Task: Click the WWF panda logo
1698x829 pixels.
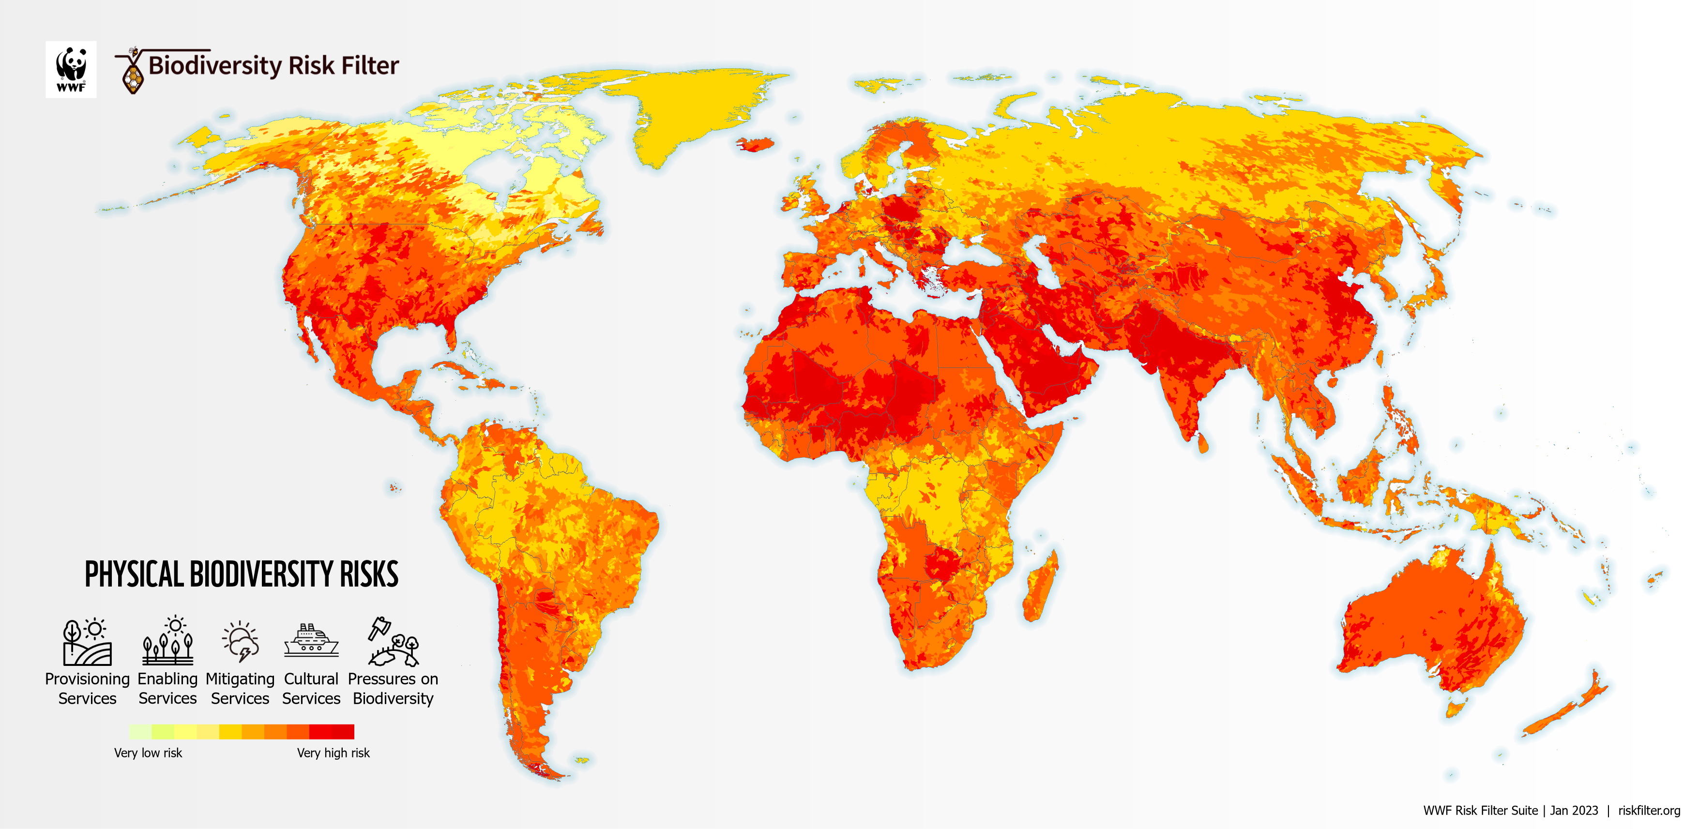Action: [x=71, y=69]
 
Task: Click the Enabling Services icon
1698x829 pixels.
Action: [x=167, y=642]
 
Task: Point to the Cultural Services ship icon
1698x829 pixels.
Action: [x=311, y=641]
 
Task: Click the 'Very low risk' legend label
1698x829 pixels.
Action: [x=148, y=753]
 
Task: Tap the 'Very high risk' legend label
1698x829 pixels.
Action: [x=333, y=753]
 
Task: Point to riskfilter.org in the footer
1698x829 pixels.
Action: [x=1649, y=811]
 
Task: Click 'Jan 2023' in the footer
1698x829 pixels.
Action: [x=1574, y=811]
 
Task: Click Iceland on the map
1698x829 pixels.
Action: [x=756, y=144]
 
